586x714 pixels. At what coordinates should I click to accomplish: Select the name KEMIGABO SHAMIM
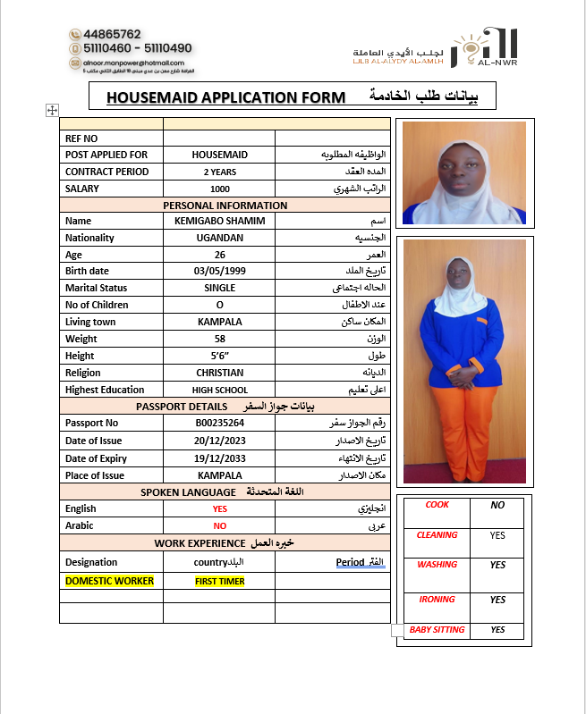(219, 221)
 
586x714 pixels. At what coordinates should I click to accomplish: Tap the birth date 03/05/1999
(219, 272)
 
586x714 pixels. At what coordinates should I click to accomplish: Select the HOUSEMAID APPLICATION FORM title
(225, 97)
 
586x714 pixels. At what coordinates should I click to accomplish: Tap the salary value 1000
(219, 189)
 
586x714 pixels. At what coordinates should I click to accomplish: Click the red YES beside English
(219, 508)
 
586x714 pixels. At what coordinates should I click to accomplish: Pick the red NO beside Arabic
(219, 526)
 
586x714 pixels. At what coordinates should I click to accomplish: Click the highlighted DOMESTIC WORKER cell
(109, 581)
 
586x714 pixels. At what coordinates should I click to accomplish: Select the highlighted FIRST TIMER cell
(219, 581)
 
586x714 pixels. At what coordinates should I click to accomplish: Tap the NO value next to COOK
(497, 505)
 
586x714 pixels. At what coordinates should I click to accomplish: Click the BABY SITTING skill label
(437, 630)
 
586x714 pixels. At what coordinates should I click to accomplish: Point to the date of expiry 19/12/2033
(219, 458)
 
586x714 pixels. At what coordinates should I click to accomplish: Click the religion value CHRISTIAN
(219, 373)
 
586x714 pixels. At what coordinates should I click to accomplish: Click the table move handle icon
(52, 109)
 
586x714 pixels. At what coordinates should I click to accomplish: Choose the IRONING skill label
(437, 600)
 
